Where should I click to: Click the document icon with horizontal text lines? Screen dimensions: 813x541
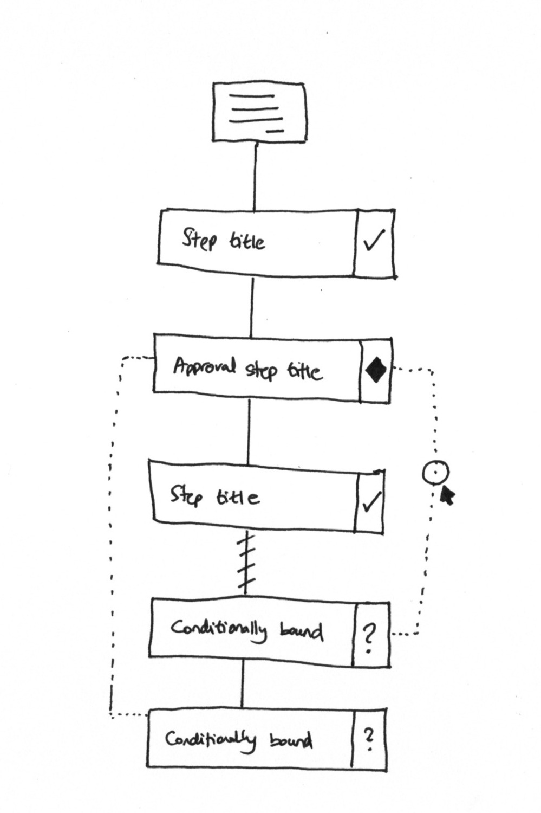[x=259, y=112]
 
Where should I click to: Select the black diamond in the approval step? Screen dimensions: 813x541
[x=376, y=371]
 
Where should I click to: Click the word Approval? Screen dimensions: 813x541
[x=205, y=366]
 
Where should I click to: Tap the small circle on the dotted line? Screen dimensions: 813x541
[x=435, y=473]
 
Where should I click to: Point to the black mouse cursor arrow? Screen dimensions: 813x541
[x=447, y=494]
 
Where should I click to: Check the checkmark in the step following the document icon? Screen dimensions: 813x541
[x=374, y=241]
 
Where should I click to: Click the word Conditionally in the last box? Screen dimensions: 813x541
[x=210, y=739]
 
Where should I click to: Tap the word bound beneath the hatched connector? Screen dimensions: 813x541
[x=301, y=631]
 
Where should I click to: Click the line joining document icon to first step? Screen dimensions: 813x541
[x=255, y=176]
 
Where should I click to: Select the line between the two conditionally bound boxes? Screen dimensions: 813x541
[x=242, y=685]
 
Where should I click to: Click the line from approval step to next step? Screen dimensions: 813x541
[x=249, y=431]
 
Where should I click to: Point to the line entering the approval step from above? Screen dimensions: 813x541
[x=251, y=306]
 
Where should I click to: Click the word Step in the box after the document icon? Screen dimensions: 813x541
[x=199, y=239]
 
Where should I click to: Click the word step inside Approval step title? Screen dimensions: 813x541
[x=262, y=370]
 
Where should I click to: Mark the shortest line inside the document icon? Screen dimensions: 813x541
[x=275, y=131]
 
